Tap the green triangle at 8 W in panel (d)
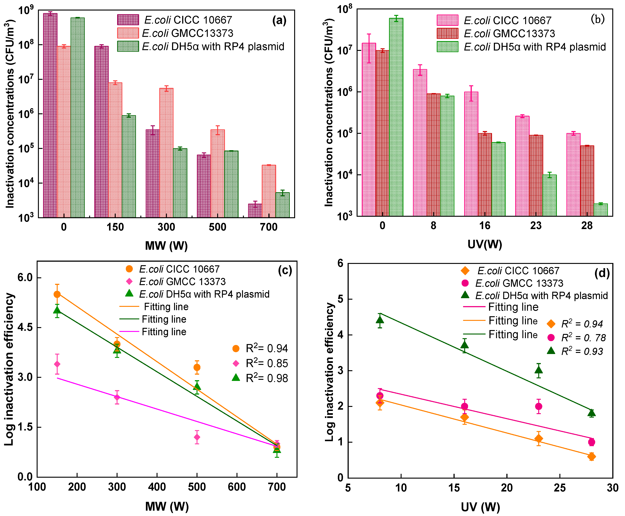380,320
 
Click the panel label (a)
279,20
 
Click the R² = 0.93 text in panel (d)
582,351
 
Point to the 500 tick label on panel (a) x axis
217,227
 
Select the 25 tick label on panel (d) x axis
560,488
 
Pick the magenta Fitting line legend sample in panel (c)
129,331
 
